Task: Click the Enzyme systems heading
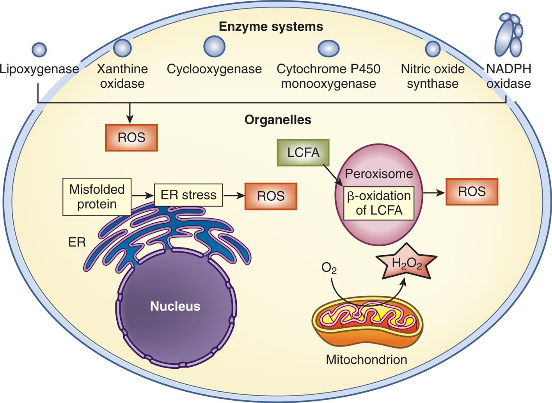pos(271,27)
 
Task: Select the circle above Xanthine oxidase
pos(122,48)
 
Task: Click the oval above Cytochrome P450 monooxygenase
pos(328,49)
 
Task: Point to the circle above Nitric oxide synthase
pos(433,49)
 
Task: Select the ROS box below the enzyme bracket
pos(131,138)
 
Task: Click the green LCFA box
pos(303,152)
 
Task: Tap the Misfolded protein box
pos(97,197)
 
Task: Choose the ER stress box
pos(188,195)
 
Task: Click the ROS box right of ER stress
pos(271,196)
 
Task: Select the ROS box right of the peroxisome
pos(472,192)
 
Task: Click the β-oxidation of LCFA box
pos(378,203)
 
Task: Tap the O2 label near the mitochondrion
pos(329,269)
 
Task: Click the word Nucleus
pos(175,306)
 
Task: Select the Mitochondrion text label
pos(366,359)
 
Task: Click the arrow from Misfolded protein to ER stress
pos(142,195)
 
